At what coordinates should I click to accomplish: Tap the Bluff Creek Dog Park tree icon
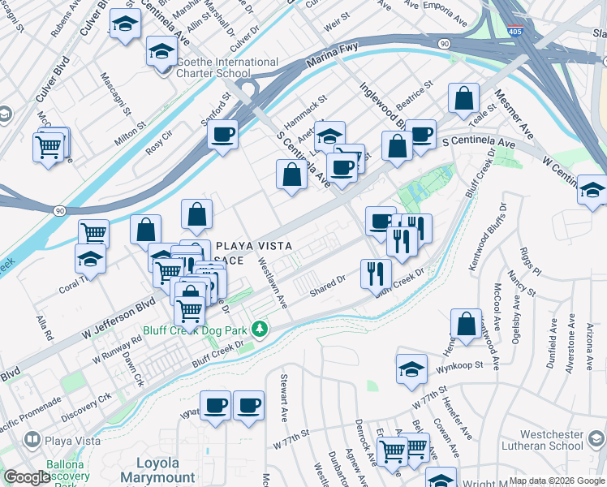[260, 330]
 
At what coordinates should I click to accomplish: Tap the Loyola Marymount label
[157, 470]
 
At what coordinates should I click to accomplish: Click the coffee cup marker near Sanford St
[222, 134]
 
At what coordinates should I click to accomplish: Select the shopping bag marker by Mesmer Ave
[463, 98]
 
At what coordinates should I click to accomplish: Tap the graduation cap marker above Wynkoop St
[412, 368]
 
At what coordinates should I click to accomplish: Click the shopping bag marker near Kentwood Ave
[467, 322]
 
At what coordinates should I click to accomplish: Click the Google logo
[27, 477]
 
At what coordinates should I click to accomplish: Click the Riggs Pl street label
[525, 261]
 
